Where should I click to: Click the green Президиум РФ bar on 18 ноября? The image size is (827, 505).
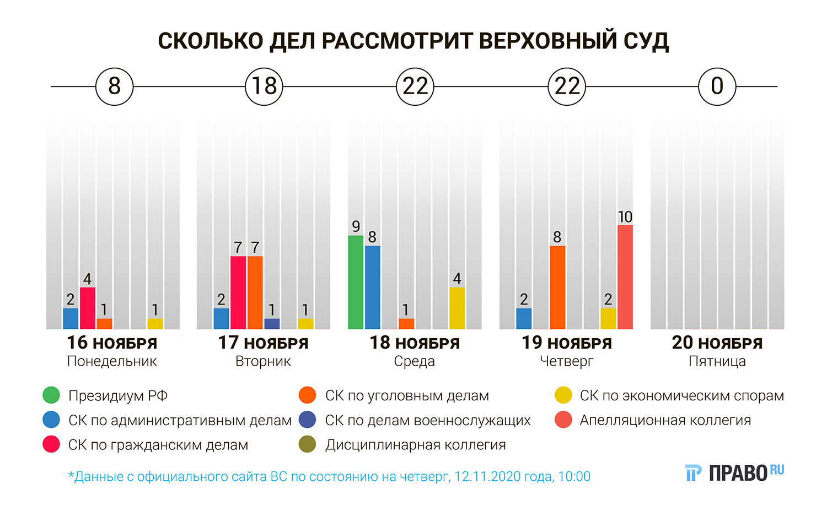pos(356,282)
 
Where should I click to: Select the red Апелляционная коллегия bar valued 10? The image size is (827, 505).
pos(625,277)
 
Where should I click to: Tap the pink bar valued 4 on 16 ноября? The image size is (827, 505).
pos(87,308)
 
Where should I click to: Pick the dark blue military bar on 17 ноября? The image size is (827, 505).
pos(272,324)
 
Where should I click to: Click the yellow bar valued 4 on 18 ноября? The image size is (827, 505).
pos(457,308)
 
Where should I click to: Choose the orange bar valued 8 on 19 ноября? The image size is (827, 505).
pos(557,287)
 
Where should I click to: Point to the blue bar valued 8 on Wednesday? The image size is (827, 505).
pos(372,287)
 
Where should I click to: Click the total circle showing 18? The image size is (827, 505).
pos(264,86)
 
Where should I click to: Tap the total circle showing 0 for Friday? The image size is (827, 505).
pos(717,86)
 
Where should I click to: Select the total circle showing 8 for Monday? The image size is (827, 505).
pos(114,86)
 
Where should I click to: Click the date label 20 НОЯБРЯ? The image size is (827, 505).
pos(717,343)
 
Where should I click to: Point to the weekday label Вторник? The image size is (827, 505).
pos(263,362)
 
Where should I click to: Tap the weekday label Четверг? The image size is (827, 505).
pos(566,362)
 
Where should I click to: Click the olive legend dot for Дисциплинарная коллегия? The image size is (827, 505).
pos(307,444)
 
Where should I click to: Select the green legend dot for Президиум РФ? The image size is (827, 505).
pos(51,395)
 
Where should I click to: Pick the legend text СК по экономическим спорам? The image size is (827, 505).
pos(681,395)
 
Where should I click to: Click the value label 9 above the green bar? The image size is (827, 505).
pos(356,226)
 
